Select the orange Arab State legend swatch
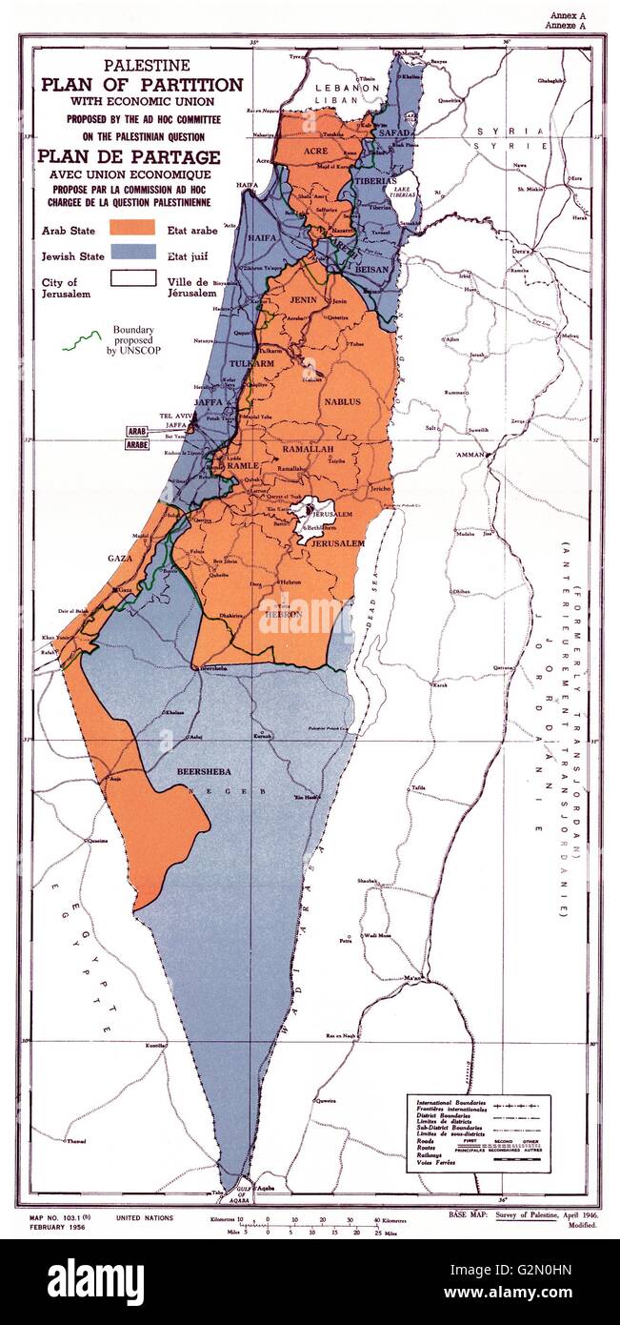[132, 228]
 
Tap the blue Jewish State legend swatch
[132, 252]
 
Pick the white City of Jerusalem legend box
[132, 278]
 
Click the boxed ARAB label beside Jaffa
[134, 431]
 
